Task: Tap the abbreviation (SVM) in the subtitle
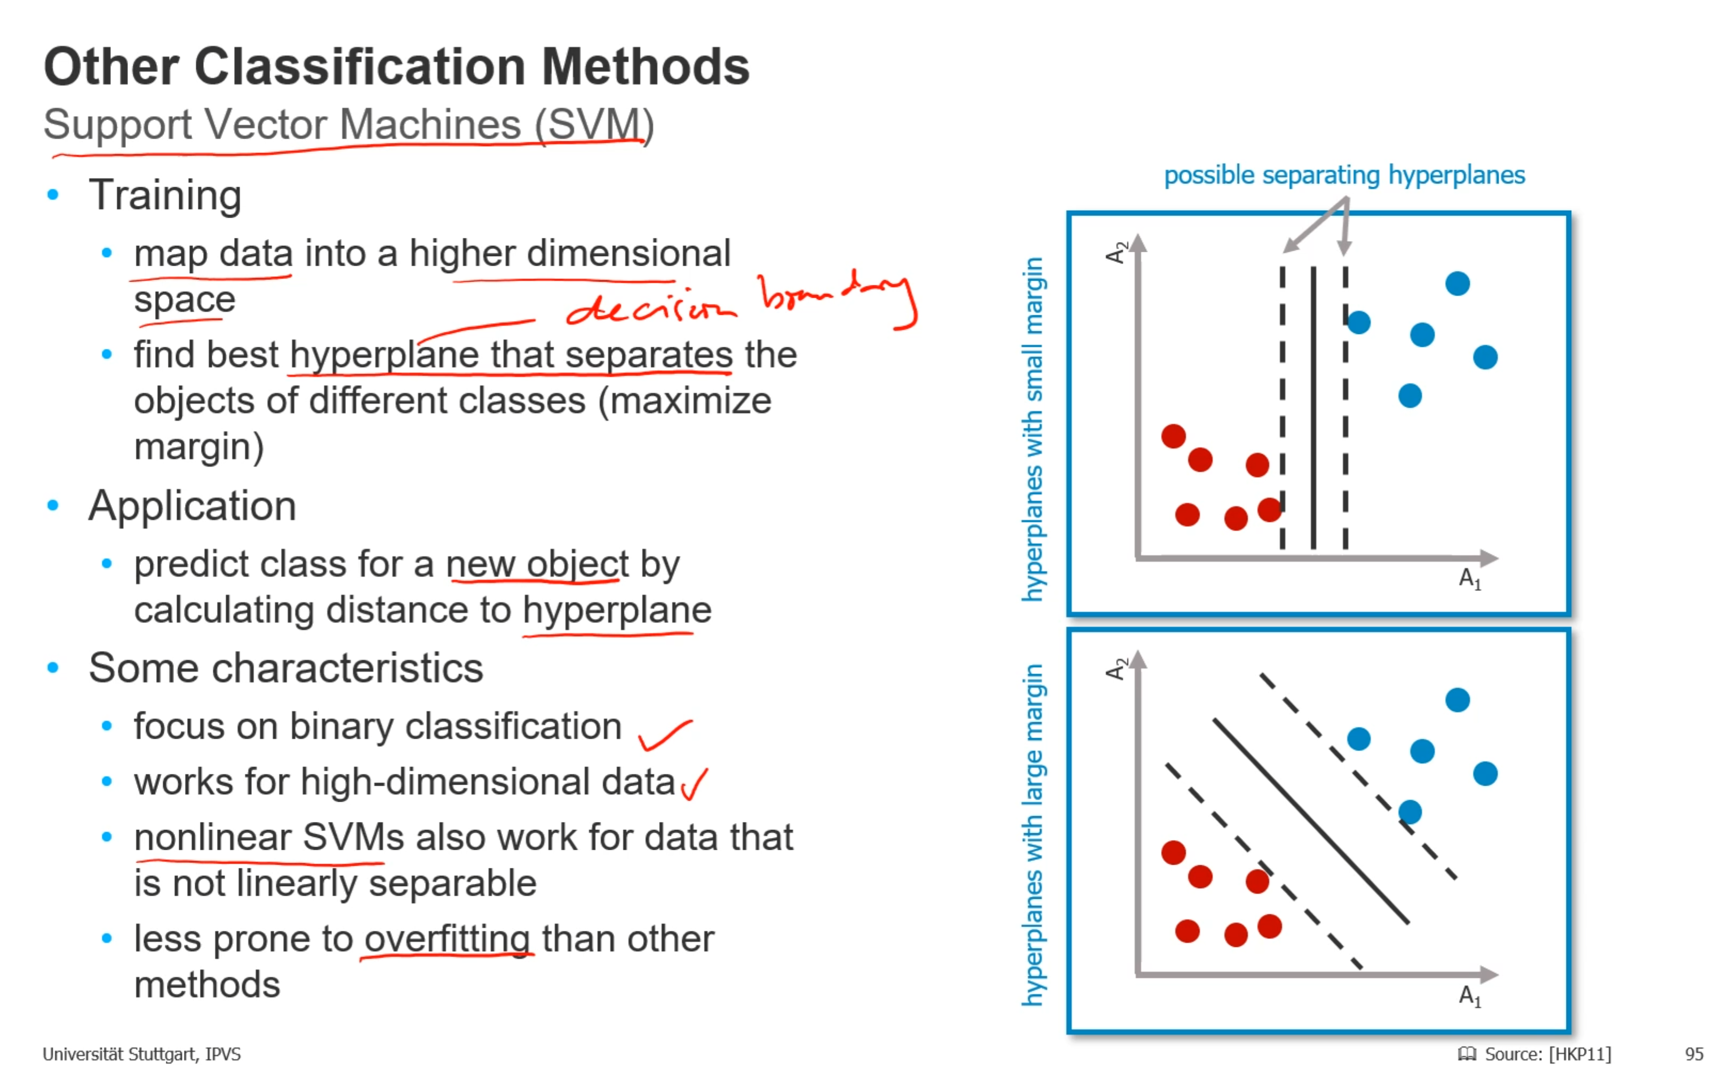[x=594, y=125]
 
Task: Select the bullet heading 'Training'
[x=165, y=196]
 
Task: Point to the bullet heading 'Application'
[x=193, y=506]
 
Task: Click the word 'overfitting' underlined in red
[x=448, y=940]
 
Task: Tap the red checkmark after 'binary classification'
[x=665, y=734]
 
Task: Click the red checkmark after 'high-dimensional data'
[x=694, y=784]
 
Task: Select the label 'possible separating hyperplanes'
[x=1344, y=175]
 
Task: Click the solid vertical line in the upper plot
[x=1313, y=408]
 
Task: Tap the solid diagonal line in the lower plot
[x=1311, y=821]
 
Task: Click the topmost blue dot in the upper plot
[x=1458, y=284]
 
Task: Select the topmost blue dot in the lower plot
[x=1458, y=700]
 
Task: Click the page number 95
[x=1694, y=1053]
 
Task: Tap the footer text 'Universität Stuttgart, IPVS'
[x=141, y=1053]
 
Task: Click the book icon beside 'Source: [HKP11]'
[x=1467, y=1053]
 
